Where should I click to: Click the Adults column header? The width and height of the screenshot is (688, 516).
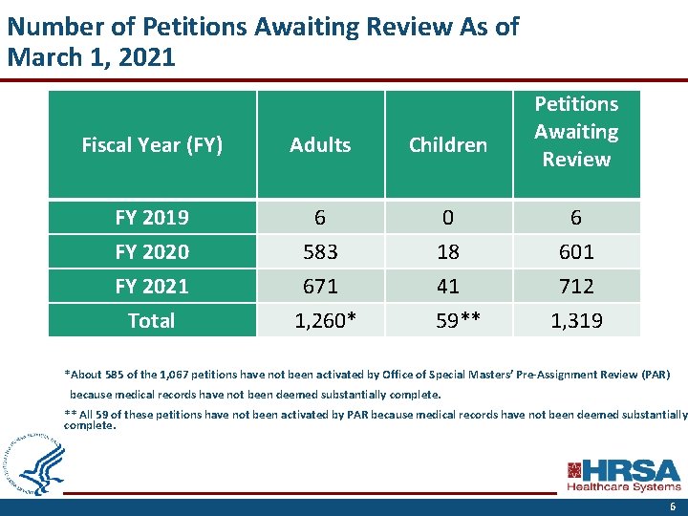click(x=320, y=145)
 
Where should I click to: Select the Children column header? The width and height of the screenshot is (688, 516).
click(x=447, y=145)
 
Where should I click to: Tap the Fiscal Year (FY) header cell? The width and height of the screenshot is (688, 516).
click(x=152, y=145)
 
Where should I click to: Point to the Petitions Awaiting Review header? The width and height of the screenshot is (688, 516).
click(x=575, y=132)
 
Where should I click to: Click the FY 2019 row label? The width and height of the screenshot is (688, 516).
click(x=152, y=218)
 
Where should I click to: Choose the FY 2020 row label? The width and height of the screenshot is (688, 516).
click(x=152, y=252)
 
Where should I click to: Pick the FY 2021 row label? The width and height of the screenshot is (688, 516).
click(x=152, y=286)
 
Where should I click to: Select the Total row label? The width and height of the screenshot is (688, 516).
click(x=152, y=320)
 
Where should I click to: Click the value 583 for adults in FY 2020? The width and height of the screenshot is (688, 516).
click(x=320, y=252)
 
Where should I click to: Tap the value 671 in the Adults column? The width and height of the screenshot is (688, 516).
click(x=320, y=286)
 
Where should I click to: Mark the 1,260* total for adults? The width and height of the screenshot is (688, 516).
click(x=320, y=320)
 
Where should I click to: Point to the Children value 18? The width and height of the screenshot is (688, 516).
click(x=447, y=252)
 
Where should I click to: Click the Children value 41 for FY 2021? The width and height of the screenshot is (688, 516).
click(x=447, y=286)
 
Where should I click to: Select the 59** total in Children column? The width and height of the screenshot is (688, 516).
click(x=447, y=320)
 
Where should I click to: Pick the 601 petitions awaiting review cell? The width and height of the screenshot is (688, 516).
click(x=575, y=252)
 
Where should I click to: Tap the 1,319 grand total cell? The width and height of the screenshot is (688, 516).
click(x=575, y=320)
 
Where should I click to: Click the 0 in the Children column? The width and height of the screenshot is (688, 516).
click(x=447, y=218)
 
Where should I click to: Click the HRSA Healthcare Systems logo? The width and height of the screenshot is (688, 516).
click(x=624, y=475)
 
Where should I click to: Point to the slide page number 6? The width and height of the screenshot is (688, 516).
click(x=673, y=507)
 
